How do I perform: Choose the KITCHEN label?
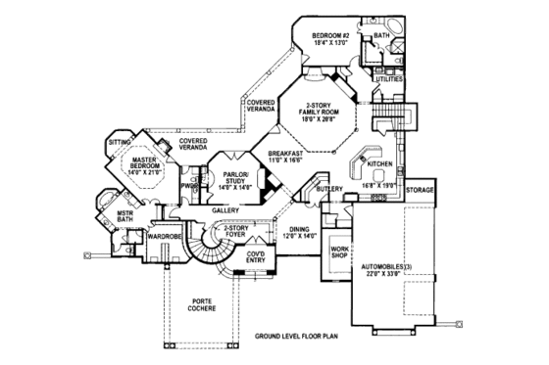[380, 163]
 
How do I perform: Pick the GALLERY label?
[225, 209]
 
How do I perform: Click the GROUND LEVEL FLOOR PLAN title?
[299, 334]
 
